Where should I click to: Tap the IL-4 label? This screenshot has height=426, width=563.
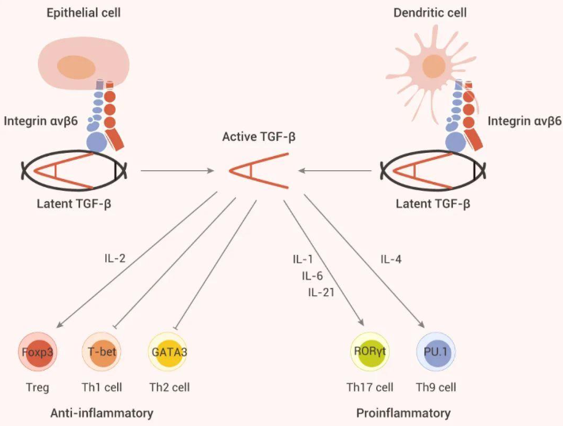point(392,259)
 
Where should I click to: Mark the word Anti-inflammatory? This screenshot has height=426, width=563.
point(101,413)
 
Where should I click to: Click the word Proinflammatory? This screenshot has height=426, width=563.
point(403,413)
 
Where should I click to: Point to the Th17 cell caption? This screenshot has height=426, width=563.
point(370,387)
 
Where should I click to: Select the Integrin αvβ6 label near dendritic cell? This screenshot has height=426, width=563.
point(524,121)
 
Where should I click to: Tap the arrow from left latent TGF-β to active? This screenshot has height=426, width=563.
point(177,170)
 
